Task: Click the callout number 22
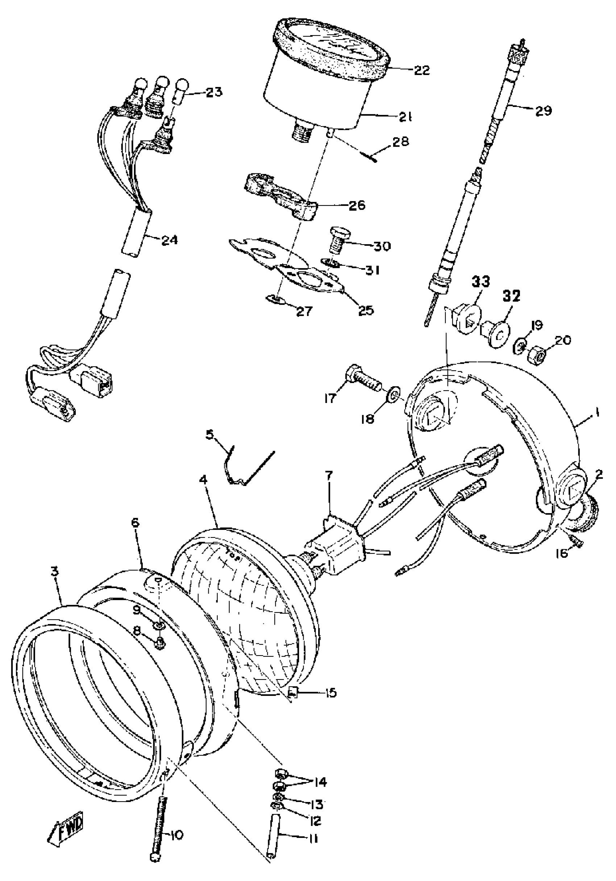421,71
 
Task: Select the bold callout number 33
480,282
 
